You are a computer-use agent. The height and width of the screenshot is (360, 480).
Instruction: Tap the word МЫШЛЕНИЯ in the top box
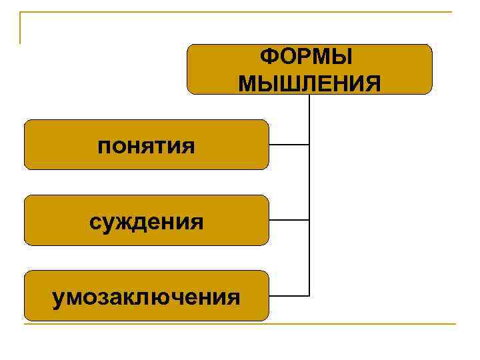pyautogui.click(x=309, y=83)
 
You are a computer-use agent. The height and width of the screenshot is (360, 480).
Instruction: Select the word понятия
pyautogui.click(x=146, y=145)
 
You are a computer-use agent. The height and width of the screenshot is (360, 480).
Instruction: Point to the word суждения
pyautogui.click(x=147, y=221)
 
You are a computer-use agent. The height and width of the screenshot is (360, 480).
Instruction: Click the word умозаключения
pyautogui.click(x=147, y=296)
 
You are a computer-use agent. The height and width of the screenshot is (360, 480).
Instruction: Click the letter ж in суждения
pyautogui.click(x=127, y=221)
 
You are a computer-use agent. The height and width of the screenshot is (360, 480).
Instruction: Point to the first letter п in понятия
pyautogui.click(x=103, y=146)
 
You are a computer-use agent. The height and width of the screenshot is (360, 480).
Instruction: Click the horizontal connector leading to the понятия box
pyautogui.click(x=289, y=144)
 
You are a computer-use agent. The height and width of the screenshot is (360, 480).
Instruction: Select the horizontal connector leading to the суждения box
pyautogui.click(x=289, y=219)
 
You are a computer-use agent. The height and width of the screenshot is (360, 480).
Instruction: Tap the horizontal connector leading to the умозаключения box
pyautogui.click(x=289, y=295)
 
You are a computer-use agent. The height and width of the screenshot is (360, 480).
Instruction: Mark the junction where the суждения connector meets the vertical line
pyautogui.click(x=309, y=219)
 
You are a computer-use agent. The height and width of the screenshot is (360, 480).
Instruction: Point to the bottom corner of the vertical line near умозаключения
pyautogui.click(x=309, y=295)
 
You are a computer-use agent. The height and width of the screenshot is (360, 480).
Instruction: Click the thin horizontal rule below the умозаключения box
pyautogui.click(x=240, y=324)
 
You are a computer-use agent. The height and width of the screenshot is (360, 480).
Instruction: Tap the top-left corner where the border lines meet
pyautogui.click(x=21, y=13)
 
